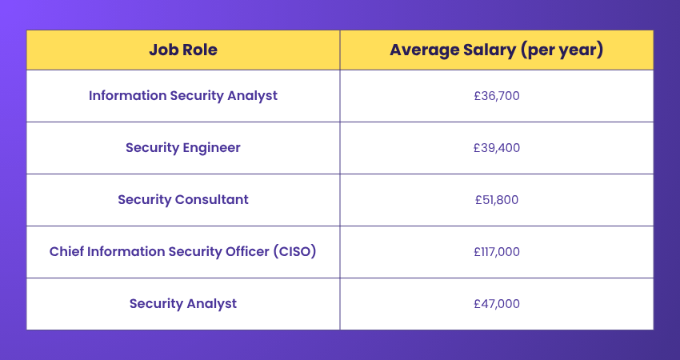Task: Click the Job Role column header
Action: (182, 50)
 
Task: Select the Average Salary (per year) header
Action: (496, 50)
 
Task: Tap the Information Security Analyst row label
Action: (182, 96)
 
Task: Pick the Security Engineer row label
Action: (182, 148)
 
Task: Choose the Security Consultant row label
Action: (182, 200)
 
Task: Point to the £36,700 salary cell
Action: (496, 96)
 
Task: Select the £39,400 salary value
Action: (496, 148)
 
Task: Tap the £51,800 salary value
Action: (496, 200)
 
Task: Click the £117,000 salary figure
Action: (496, 252)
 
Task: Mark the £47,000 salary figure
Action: (496, 304)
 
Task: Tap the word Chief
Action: (66, 252)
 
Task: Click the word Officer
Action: (242, 252)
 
